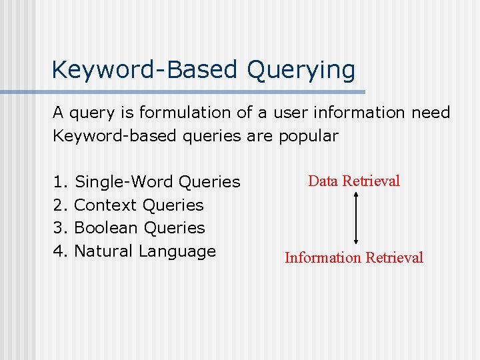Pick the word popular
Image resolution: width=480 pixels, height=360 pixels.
click(x=309, y=136)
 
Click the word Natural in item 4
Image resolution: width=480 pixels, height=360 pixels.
click(x=103, y=251)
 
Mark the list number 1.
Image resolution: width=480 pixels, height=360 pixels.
click(x=60, y=181)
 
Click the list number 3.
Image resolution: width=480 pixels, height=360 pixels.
click(x=60, y=227)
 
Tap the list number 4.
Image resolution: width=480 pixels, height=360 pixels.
click(x=60, y=251)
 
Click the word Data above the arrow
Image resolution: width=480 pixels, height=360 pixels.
click(x=323, y=181)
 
